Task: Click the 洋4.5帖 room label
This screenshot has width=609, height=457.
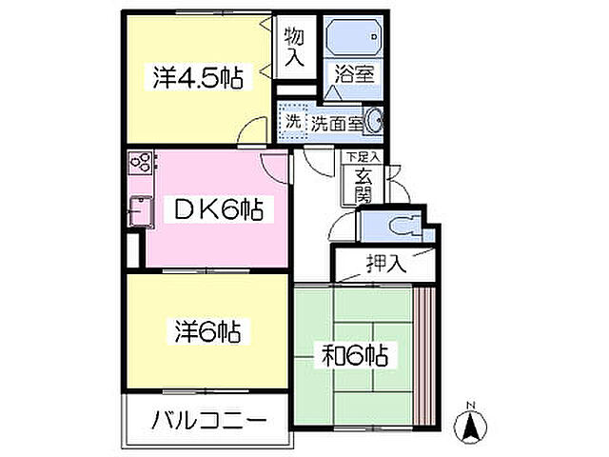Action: click(197, 77)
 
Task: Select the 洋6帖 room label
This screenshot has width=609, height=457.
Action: click(206, 332)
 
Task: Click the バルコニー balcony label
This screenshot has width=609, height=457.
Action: click(205, 419)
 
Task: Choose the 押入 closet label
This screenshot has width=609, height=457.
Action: click(385, 263)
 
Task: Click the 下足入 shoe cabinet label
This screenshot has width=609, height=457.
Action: click(363, 156)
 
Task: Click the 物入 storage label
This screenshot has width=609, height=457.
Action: click(294, 48)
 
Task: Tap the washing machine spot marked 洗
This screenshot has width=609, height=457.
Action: click(293, 121)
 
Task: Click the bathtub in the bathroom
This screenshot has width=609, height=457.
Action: click(354, 38)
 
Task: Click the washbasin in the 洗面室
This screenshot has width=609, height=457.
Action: click(376, 121)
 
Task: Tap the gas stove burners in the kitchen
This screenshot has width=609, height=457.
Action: click(139, 163)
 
